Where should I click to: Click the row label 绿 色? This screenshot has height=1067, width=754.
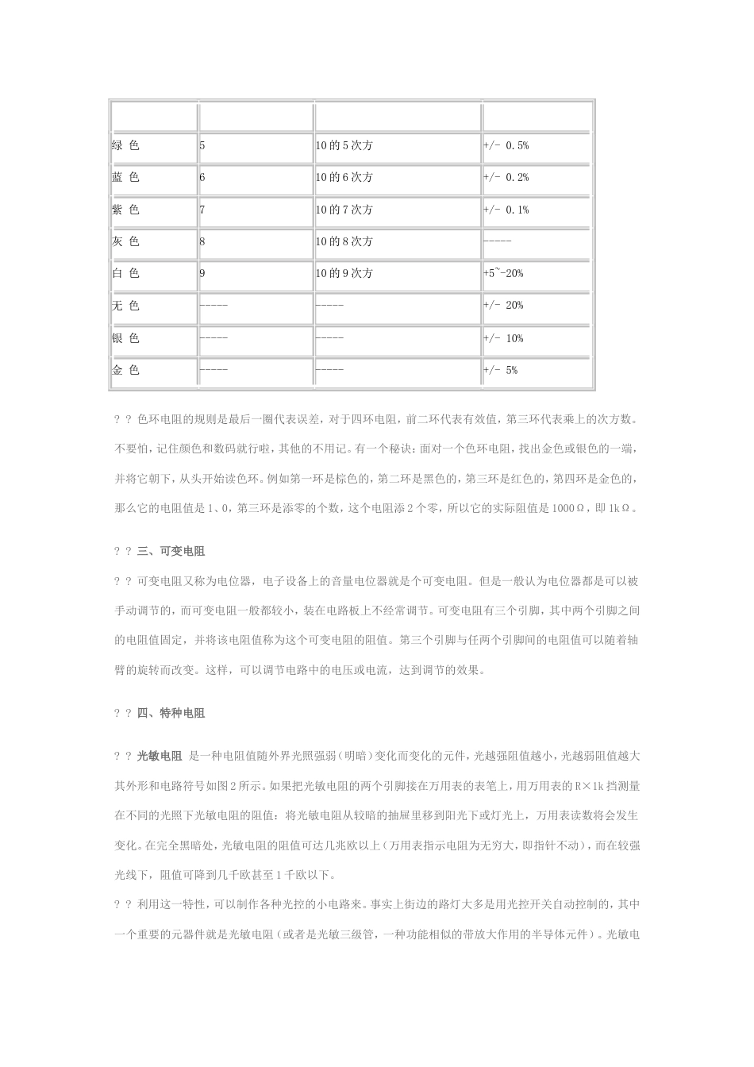pyautogui.click(x=125, y=146)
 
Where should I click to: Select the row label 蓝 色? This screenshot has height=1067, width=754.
pyautogui.click(x=125, y=178)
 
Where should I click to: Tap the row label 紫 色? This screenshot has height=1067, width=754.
pyautogui.click(x=125, y=210)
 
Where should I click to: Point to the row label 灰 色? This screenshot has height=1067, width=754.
pyautogui.click(x=125, y=241)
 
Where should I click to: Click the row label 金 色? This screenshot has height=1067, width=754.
pyautogui.click(x=125, y=370)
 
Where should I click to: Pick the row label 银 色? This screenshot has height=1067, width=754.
pyautogui.click(x=125, y=338)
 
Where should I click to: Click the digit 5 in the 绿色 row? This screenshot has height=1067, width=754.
pyautogui.click(x=202, y=146)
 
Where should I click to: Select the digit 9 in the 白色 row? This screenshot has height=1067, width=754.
pyautogui.click(x=202, y=273)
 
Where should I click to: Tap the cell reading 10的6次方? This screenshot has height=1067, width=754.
pyautogui.click(x=344, y=178)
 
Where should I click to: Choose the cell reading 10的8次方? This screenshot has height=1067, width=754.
pyautogui.click(x=344, y=241)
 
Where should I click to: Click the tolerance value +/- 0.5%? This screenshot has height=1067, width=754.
pyautogui.click(x=506, y=146)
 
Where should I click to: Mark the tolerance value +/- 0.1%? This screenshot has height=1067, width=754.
pyautogui.click(x=506, y=210)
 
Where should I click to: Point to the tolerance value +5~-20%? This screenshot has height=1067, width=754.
pyautogui.click(x=502, y=273)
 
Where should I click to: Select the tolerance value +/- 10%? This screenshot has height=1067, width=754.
pyautogui.click(x=503, y=338)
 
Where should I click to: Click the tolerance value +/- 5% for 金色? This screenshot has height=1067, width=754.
pyautogui.click(x=500, y=370)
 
